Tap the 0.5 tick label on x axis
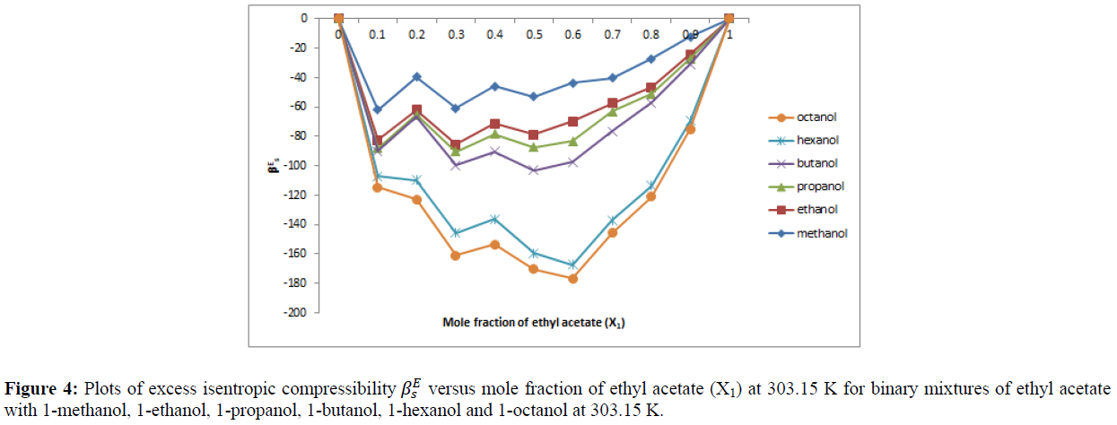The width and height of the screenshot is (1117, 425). tap(534, 34)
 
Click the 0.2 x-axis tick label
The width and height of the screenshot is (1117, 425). tap(416, 34)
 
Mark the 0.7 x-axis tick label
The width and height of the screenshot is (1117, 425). tap(612, 34)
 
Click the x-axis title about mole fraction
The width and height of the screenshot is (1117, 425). tap(533, 322)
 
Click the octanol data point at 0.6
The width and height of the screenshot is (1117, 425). tap(572, 278)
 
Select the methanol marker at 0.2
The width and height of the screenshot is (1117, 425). tap(416, 76)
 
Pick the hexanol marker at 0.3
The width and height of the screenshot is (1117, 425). tap(456, 233)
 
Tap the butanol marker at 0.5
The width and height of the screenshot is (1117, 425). tap(534, 169)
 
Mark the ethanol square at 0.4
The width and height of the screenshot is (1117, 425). tap(494, 124)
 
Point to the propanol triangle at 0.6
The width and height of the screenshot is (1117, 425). tap(572, 141)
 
